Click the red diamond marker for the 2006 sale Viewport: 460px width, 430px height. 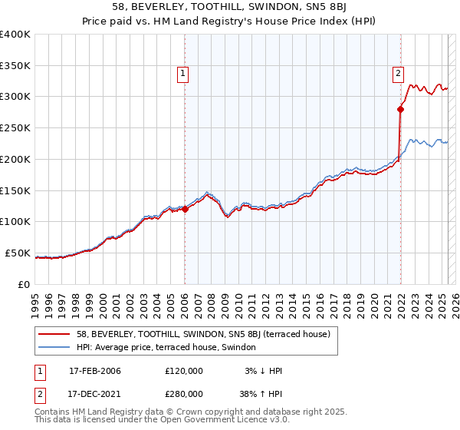(x=185, y=208)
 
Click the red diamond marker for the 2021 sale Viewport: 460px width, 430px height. (x=400, y=109)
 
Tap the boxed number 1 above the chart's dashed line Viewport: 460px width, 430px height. (x=184, y=74)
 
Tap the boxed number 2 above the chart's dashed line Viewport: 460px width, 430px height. (x=399, y=74)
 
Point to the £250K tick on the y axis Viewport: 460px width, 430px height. (x=15, y=127)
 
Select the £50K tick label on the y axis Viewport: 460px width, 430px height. (x=18, y=253)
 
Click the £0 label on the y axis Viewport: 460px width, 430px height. (x=25, y=284)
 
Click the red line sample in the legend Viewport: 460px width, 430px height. (x=54, y=334)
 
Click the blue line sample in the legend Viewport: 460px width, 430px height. (x=54, y=346)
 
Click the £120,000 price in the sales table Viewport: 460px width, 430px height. (x=184, y=371)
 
